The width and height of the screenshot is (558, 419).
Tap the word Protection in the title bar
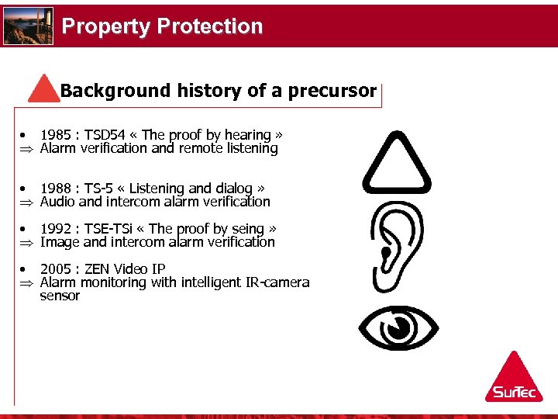[x=209, y=26]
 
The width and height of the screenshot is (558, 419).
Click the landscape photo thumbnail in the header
[x=28, y=26]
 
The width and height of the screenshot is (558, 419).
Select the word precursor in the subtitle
[x=332, y=91]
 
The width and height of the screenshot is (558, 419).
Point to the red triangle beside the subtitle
[x=45, y=89]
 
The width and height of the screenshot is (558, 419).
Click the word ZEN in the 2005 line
[x=97, y=269]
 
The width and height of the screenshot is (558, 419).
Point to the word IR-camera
[x=276, y=282]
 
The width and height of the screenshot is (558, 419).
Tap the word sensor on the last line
[x=60, y=296]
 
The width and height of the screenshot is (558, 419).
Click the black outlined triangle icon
[x=397, y=164]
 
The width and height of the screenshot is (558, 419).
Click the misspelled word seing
[x=248, y=229]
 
